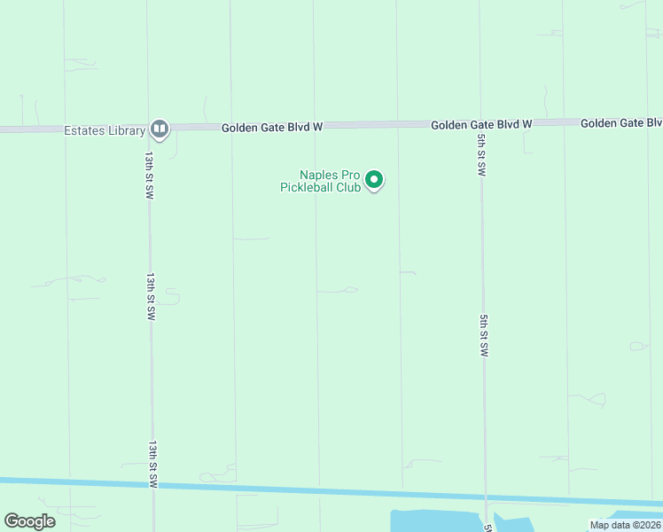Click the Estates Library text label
[104, 130]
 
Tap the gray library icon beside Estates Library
[160, 129]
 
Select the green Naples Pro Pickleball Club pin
[374, 180]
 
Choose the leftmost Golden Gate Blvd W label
[271, 128]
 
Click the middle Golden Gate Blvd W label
[481, 125]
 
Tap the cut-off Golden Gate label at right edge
[621, 122]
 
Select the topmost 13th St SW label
[150, 174]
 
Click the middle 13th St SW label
[152, 296]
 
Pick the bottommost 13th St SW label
[153, 464]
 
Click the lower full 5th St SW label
[484, 335]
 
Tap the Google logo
[29, 521]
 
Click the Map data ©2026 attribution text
[625, 525]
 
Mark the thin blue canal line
[266, 487]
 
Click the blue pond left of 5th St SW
[434, 520]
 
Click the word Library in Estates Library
[124, 130]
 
